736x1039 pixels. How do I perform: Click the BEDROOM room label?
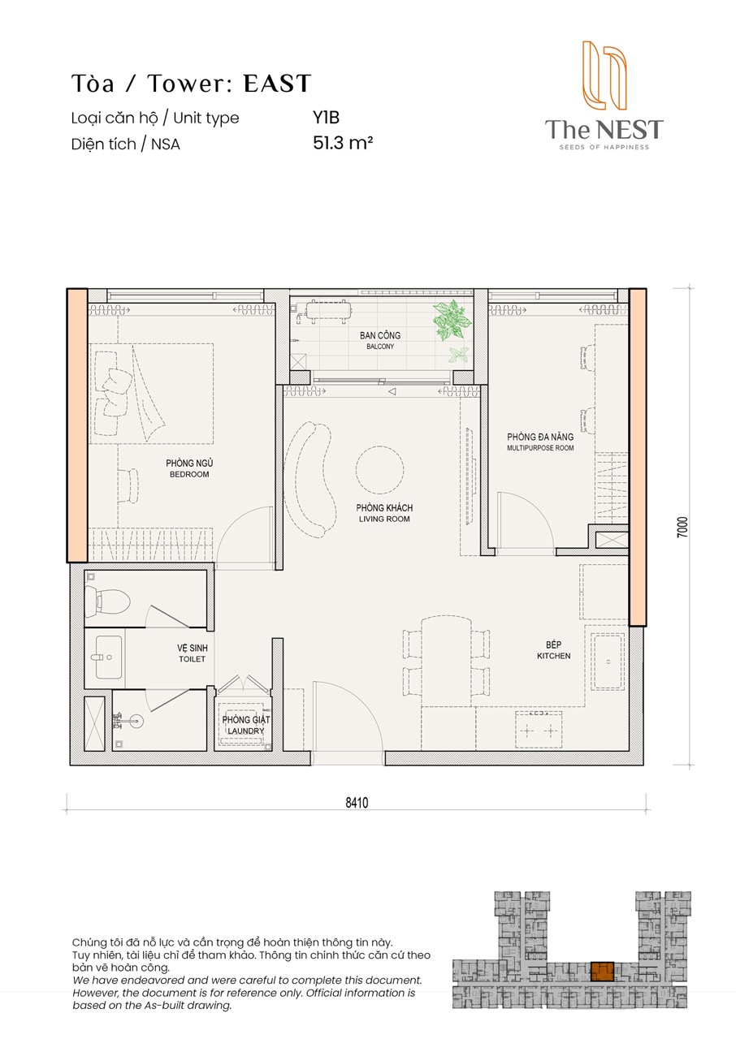pyautogui.click(x=189, y=475)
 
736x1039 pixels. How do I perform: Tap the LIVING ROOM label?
pyautogui.click(x=384, y=519)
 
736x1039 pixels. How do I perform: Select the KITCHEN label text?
pyautogui.click(x=553, y=656)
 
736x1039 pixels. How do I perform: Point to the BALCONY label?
pyautogui.click(x=380, y=347)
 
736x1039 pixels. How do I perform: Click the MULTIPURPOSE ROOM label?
pyautogui.click(x=540, y=448)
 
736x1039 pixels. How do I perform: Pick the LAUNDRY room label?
pyautogui.click(x=245, y=731)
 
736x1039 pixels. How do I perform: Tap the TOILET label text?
pyautogui.click(x=192, y=659)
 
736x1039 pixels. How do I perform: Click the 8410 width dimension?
pyautogui.click(x=357, y=803)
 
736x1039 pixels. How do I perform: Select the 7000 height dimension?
pyautogui.click(x=682, y=528)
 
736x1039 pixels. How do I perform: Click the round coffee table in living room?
pyautogui.click(x=379, y=469)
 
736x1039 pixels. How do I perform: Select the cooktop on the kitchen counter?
pyautogui.click(x=539, y=731)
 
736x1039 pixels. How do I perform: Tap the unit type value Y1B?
pyautogui.click(x=326, y=118)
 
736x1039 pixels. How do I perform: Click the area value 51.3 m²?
pyautogui.click(x=343, y=143)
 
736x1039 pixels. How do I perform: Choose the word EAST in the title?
pyautogui.click(x=277, y=84)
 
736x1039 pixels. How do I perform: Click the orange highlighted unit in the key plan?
pyautogui.click(x=602, y=972)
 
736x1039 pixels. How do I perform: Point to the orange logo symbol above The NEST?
pyautogui.click(x=604, y=75)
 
